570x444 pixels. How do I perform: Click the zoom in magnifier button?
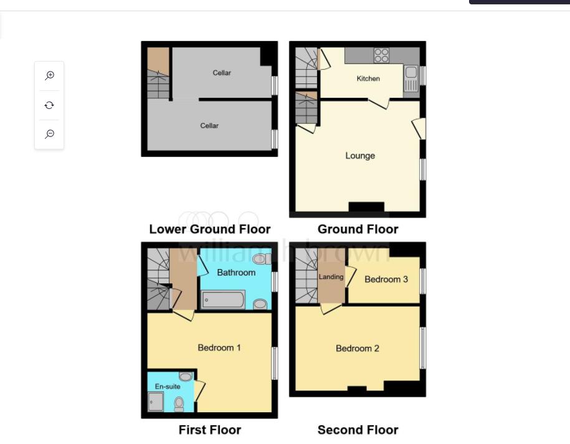point(49,76)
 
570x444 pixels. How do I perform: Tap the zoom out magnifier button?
point(49,134)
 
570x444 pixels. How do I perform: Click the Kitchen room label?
point(368,78)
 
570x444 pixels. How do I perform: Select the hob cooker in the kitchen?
point(381,55)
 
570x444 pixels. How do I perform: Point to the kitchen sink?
point(411,78)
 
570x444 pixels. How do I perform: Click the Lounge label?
point(360,156)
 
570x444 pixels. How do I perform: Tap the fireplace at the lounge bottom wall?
point(366,207)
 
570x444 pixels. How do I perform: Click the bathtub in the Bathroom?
point(223,300)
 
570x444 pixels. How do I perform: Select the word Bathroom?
point(236,273)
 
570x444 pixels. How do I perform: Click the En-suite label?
point(168,387)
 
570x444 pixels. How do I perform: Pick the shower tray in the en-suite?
point(156,402)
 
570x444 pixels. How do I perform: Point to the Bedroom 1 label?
point(219,347)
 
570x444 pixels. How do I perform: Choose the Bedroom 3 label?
point(386,279)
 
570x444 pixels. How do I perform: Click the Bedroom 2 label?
point(358,348)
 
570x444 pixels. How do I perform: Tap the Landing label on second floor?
point(331,276)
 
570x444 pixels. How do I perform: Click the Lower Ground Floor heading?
point(210,229)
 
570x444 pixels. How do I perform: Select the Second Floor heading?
point(358,430)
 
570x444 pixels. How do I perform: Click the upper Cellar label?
point(222,73)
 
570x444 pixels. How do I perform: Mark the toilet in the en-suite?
point(179,404)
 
